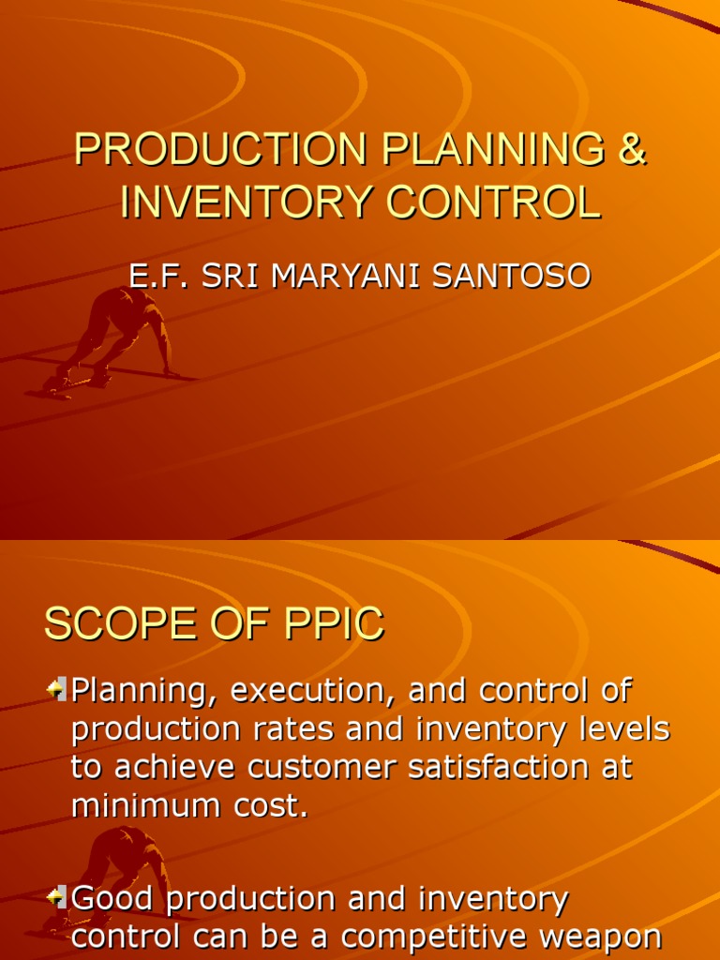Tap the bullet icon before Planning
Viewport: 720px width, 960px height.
(x=56, y=691)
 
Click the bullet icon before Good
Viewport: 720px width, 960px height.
(x=56, y=899)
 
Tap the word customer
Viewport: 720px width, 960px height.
(x=313, y=768)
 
